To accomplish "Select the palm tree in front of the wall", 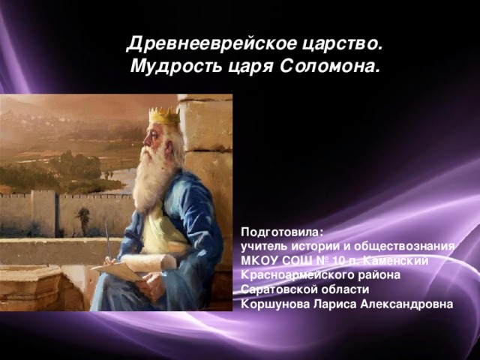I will [x=83, y=217].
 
